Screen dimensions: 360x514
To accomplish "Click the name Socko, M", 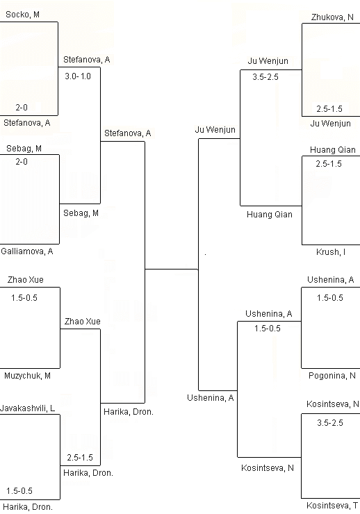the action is pyautogui.click(x=23, y=15).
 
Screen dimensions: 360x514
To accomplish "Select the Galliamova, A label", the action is pyautogui.click(x=27, y=251).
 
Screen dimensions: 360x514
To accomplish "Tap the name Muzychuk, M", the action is pyautogui.click(x=27, y=376).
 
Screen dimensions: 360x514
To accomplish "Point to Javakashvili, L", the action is pyautogui.click(x=28, y=408).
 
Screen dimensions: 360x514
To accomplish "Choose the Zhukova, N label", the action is pyautogui.click(x=332, y=17).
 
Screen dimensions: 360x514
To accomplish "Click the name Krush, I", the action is pyautogui.click(x=331, y=252).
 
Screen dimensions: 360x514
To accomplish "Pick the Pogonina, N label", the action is pyautogui.click(x=332, y=376).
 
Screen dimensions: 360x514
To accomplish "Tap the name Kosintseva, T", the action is pyautogui.click(x=332, y=506).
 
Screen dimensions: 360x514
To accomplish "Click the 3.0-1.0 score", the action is pyautogui.click(x=78, y=76).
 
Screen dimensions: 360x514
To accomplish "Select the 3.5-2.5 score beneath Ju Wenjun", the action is pyautogui.click(x=265, y=77).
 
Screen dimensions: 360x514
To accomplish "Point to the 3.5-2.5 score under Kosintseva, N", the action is pyautogui.click(x=330, y=423).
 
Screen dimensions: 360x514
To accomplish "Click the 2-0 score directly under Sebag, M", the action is pyautogui.click(x=22, y=162).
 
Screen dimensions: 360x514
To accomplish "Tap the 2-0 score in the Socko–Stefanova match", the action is pyautogui.click(x=22, y=107).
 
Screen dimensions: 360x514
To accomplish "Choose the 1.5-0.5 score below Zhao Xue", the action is pyautogui.click(x=24, y=298).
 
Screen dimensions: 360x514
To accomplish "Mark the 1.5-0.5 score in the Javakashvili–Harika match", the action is pyautogui.click(x=19, y=490).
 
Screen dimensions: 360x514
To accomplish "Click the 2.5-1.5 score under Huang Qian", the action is pyautogui.click(x=329, y=163).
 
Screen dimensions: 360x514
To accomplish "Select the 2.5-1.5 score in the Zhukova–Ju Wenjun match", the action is pyautogui.click(x=329, y=109).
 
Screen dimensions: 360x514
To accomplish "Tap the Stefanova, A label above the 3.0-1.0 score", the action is pyautogui.click(x=87, y=60).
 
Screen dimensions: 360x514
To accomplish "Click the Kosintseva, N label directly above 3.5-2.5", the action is pyautogui.click(x=333, y=404).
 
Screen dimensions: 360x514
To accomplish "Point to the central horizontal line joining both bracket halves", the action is pyautogui.click(x=172, y=269).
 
